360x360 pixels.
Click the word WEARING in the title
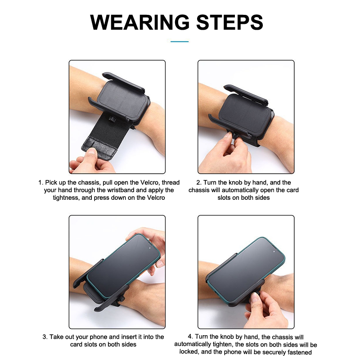140,22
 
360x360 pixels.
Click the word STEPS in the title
229,22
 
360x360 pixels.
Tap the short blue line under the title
180,41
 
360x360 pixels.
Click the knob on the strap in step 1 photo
112,119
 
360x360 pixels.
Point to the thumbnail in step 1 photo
92,152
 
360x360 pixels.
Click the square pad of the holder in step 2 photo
245,114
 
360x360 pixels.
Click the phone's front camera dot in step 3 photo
150,248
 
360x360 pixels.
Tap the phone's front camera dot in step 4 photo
274,252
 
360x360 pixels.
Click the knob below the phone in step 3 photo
122,299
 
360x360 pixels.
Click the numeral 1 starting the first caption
40,183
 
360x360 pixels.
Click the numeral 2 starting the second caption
198,183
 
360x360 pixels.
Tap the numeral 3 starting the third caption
45,337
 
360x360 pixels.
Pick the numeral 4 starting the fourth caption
190,337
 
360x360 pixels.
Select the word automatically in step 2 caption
240,190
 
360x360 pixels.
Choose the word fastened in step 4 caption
299,352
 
